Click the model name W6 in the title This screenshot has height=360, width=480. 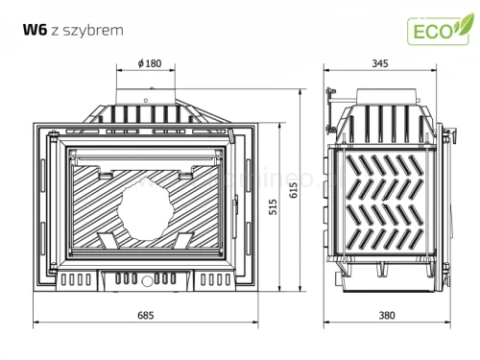click(x=34, y=29)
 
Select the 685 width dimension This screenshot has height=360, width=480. click(x=147, y=315)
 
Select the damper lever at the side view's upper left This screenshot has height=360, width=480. click(x=331, y=96)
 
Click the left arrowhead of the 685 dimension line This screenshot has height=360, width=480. click(x=36, y=324)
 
